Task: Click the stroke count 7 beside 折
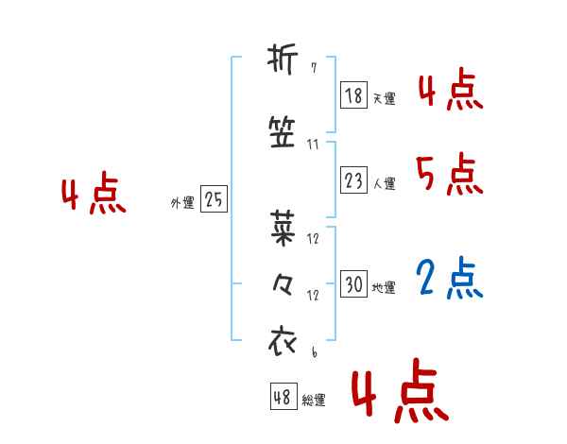click(x=313, y=68)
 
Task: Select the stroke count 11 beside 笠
click(x=313, y=145)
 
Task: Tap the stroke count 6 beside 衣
click(x=313, y=352)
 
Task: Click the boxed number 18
click(x=353, y=95)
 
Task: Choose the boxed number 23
click(x=353, y=181)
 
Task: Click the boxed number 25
click(x=214, y=199)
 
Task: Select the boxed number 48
click(x=283, y=398)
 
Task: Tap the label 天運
click(x=384, y=98)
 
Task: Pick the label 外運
click(x=182, y=202)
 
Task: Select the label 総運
click(x=314, y=401)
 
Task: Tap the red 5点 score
click(x=450, y=175)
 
